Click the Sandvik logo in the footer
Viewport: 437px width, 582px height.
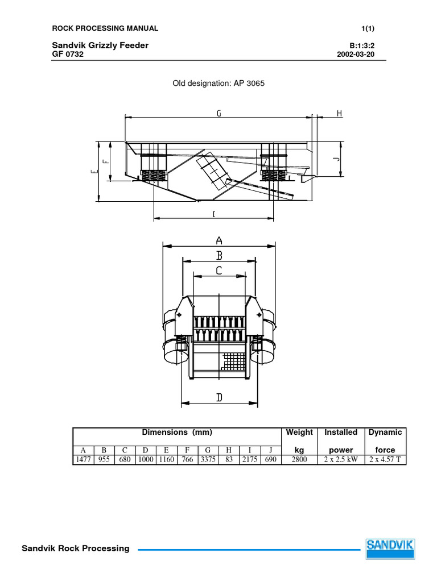click(390, 548)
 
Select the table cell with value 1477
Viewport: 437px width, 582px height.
click(83, 459)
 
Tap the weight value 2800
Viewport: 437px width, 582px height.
click(299, 459)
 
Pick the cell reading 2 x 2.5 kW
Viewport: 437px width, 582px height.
click(341, 459)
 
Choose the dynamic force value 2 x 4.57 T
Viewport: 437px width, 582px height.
click(385, 459)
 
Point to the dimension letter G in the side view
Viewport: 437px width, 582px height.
click(218, 114)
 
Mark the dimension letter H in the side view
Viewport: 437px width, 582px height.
click(339, 114)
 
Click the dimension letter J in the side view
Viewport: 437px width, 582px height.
click(336, 160)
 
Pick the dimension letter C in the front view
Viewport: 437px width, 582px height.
click(219, 271)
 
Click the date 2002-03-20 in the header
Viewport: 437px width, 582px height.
click(356, 55)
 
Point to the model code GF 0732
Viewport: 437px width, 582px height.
click(68, 55)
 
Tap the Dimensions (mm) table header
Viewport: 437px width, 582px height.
click(176, 433)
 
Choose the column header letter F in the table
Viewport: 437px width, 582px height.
click(187, 450)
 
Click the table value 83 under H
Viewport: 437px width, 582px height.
click(229, 459)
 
